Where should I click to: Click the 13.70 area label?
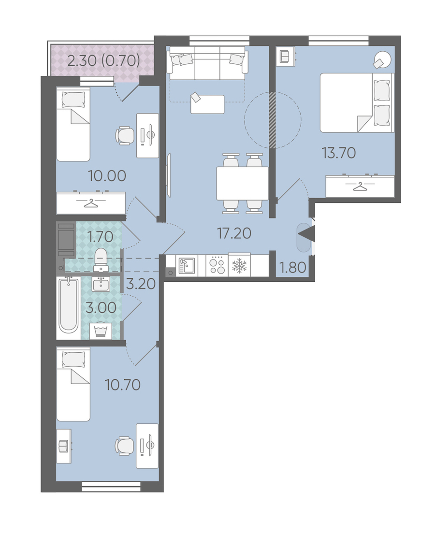(339, 153)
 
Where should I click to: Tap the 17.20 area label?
(234, 233)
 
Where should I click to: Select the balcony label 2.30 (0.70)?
(104, 61)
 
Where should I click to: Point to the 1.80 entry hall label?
(292, 268)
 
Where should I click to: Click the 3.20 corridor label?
(141, 284)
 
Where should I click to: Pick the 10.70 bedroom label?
(123, 385)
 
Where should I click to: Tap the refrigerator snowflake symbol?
(239, 265)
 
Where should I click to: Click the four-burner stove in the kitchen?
(217, 265)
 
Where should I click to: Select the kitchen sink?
(187, 265)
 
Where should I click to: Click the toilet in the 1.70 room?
(101, 259)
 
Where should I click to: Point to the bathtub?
(69, 304)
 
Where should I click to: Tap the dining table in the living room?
(243, 184)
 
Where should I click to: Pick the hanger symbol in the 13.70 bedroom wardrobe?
(359, 187)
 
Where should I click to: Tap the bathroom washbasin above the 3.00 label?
(101, 284)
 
